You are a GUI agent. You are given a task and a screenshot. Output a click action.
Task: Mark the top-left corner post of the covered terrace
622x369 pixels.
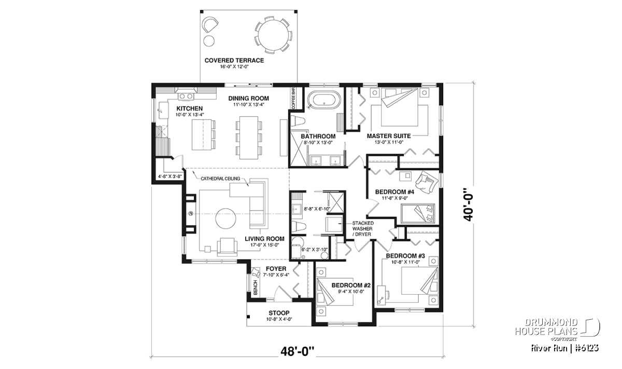[202, 11]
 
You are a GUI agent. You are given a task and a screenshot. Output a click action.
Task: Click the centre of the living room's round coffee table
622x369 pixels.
[226, 218]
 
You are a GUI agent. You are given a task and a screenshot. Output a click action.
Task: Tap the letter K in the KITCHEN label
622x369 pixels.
[178, 108]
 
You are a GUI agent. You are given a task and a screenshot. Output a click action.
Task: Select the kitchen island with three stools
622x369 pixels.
[204, 134]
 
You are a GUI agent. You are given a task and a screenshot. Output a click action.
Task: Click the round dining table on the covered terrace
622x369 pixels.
[274, 35]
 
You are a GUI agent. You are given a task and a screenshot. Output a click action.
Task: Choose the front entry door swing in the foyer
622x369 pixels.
[282, 294]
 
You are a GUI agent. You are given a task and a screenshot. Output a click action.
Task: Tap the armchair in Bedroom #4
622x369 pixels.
[427, 182]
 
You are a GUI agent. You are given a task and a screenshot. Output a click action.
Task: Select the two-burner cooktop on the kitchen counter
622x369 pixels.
[186, 96]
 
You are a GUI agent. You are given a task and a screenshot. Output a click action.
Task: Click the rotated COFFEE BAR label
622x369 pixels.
[293, 99]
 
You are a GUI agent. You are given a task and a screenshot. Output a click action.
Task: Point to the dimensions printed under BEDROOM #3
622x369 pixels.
[405, 262]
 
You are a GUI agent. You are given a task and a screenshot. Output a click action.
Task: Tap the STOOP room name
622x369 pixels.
[279, 313]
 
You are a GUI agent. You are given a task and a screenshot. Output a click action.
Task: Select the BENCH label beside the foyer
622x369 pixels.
[256, 288]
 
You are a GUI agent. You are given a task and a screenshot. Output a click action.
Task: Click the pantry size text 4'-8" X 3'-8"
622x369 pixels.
[169, 176]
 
